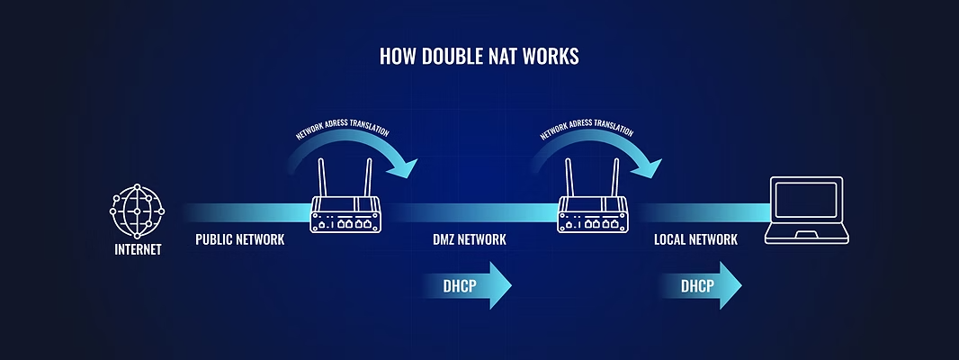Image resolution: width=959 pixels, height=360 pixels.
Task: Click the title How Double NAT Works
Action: [479, 57]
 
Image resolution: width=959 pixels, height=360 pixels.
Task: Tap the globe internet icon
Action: [137, 210]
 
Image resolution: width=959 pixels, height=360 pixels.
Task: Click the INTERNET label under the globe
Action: [138, 249]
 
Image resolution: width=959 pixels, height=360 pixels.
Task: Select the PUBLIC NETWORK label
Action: [239, 240]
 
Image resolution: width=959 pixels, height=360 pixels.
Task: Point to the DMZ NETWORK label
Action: [470, 240]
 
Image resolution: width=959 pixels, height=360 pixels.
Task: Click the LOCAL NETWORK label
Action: [695, 240]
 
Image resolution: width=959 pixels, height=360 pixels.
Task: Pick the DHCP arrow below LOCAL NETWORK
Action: [700, 286]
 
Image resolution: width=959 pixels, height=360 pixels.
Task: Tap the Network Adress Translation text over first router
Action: [342, 133]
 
